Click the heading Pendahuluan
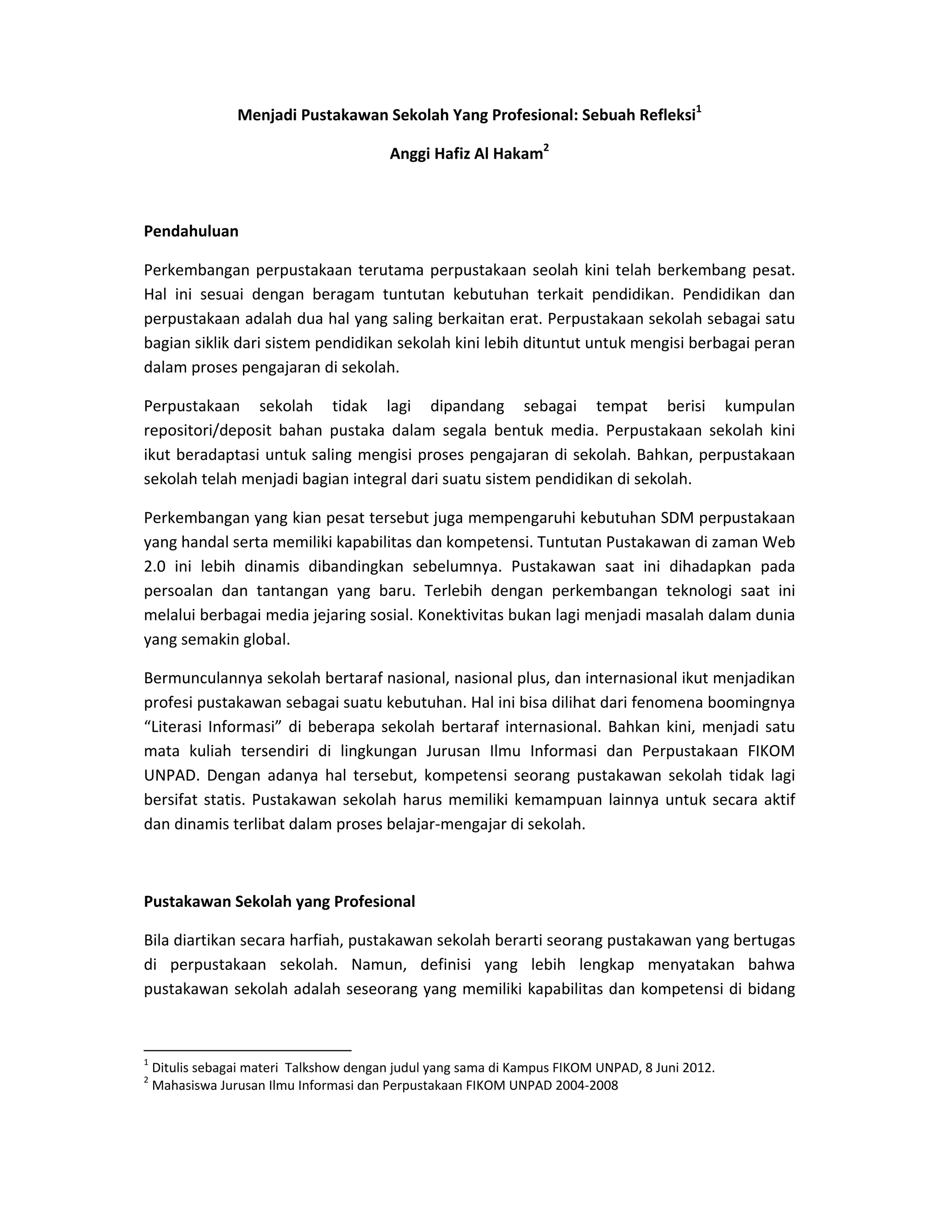191,232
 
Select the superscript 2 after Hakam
546,148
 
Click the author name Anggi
409,154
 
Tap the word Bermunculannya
203,678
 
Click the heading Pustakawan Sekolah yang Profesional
279,902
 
